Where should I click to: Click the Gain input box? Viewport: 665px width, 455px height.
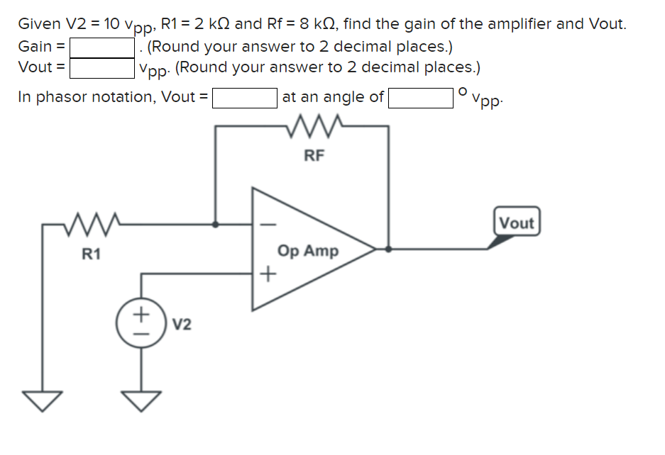click(102, 47)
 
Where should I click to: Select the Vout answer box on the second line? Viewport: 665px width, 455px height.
click(102, 68)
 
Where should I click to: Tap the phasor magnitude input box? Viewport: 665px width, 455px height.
click(245, 97)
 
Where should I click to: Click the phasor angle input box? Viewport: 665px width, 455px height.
click(420, 97)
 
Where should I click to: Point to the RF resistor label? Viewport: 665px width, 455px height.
click(314, 156)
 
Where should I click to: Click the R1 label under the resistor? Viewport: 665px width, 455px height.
click(90, 254)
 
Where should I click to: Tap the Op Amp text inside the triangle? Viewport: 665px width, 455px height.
click(308, 251)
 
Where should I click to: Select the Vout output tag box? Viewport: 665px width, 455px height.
click(516, 223)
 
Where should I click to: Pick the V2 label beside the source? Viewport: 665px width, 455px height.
click(182, 325)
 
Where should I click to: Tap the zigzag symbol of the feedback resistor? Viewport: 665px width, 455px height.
click(314, 127)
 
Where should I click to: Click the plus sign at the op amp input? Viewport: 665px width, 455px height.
click(268, 274)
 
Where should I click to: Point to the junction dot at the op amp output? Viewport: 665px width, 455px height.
click(388, 249)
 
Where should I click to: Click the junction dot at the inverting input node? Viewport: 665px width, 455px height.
click(216, 225)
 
